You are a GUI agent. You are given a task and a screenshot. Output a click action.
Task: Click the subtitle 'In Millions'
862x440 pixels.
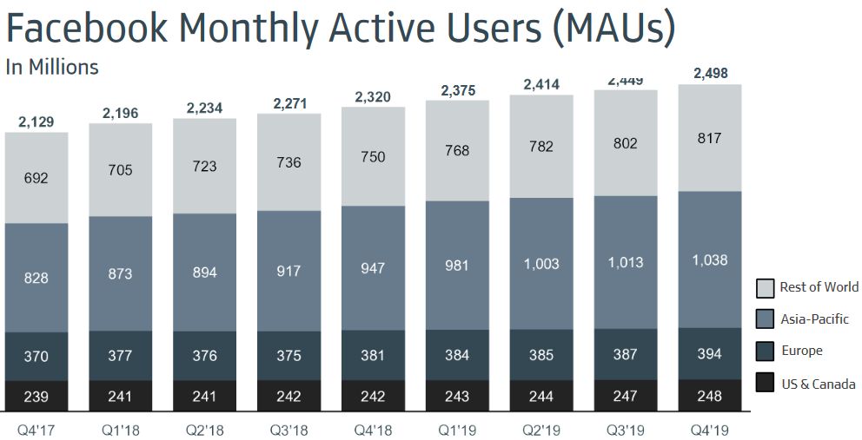(52, 67)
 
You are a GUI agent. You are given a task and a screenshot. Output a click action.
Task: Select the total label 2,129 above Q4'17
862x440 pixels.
(36, 121)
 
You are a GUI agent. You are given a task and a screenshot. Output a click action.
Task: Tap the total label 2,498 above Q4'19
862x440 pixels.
(710, 73)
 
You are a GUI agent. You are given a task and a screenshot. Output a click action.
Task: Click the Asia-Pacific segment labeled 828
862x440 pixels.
(36, 278)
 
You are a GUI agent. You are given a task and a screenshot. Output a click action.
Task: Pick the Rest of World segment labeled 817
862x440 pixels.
(710, 138)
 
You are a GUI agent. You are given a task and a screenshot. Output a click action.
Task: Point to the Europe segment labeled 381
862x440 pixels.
(373, 355)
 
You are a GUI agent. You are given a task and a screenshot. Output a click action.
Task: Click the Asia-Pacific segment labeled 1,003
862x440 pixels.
(541, 264)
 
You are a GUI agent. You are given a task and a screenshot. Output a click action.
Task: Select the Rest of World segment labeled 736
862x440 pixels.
(288, 163)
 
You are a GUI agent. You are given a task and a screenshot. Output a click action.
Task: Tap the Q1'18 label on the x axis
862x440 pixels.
(120, 429)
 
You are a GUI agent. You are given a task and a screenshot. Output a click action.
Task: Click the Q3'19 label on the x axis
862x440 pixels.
(626, 429)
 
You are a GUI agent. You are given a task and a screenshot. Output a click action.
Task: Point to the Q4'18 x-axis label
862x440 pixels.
(373, 429)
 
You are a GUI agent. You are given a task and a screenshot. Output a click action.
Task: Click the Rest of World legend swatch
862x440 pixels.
(765, 287)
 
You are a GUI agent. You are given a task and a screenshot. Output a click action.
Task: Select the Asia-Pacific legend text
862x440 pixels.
(814, 319)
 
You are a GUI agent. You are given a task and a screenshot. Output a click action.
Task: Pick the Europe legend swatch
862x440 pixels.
(765, 351)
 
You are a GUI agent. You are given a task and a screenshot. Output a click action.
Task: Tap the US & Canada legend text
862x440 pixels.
(818, 384)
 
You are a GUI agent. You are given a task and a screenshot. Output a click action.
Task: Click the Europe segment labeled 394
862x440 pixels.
(710, 353)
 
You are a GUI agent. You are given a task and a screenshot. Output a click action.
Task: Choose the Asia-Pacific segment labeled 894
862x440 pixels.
(204, 272)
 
